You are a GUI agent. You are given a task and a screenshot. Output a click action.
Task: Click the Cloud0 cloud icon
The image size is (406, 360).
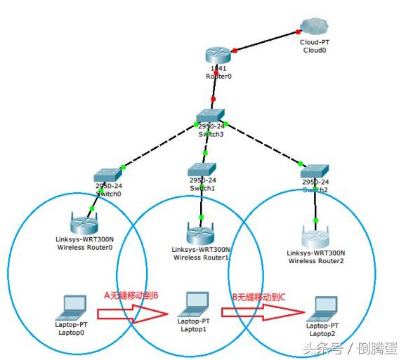pyautogui.click(x=313, y=27)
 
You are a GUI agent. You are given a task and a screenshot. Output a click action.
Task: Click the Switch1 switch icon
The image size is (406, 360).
pyautogui.click(x=202, y=168)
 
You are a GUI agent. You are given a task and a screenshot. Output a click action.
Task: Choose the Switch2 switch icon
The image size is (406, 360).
pyautogui.click(x=314, y=171)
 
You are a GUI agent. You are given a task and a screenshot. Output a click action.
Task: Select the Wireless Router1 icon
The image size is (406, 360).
pyautogui.click(x=199, y=232)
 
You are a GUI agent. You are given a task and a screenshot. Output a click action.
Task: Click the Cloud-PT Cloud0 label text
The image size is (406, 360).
pyautogui.click(x=314, y=46)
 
